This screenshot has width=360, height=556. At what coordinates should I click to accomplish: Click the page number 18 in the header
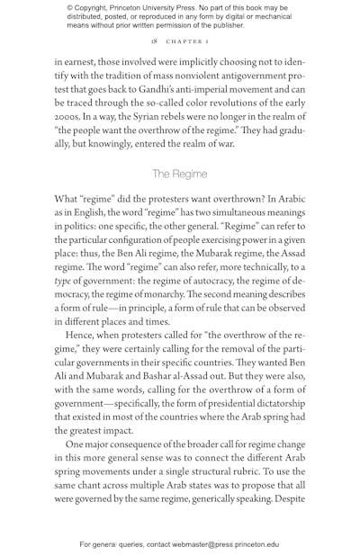click(155, 41)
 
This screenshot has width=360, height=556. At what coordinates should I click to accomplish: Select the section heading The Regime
click(179, 174)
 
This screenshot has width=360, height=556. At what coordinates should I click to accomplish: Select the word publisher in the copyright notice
click(219, 26)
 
